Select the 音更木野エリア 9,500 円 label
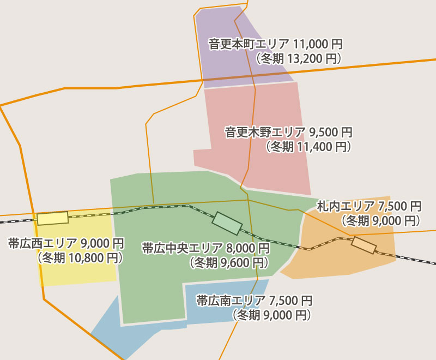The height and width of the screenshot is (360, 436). click(288, 132)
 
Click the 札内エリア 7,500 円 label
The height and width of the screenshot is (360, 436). click(369, 206)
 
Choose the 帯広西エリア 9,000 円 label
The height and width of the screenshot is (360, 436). click(66, 243)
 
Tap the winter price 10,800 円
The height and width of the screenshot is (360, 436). click(80, 257)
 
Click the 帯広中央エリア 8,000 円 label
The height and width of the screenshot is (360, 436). click(205, 249)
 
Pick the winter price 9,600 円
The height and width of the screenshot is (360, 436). click(229, 263)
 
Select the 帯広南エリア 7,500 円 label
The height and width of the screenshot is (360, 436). click(254, 301)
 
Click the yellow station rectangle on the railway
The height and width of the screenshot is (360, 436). click(53, 218)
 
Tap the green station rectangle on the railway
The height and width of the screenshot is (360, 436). click(227, 223)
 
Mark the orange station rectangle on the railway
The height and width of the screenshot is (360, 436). click(364, 245)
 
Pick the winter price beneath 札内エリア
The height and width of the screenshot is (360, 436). click(380, 220)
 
